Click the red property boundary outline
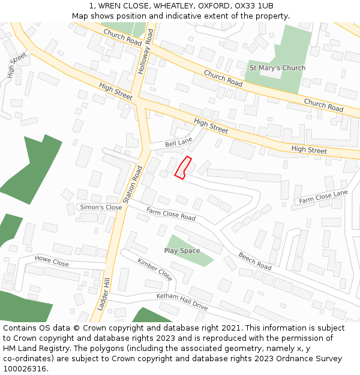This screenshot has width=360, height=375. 183,167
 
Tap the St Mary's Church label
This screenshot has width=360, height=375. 277,68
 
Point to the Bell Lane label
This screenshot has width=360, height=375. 178,143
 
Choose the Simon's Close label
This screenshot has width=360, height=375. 101,207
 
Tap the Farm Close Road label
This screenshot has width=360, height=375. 171,214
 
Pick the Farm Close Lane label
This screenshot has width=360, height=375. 323,196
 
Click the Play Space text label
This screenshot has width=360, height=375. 182,251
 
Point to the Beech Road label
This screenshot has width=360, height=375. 255,260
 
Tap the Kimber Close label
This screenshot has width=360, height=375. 155,269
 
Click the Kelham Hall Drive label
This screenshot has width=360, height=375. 182,301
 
